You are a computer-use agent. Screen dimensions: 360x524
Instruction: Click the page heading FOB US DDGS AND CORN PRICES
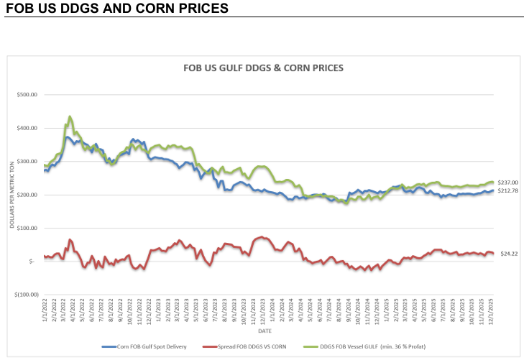click(x=117, y=9)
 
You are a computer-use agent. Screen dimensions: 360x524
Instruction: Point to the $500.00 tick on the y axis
click(x=27, y=95)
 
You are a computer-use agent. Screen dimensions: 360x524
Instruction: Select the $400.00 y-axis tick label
click(x=27, y=129)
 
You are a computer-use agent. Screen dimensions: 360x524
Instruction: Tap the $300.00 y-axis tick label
click(x=27, y=162)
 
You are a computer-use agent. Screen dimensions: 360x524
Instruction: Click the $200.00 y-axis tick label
click(x=27, y=195)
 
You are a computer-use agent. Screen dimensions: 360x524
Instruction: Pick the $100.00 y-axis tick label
click(x=27, y=229)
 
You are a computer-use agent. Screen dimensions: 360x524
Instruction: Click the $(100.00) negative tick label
click(x=24, y=295)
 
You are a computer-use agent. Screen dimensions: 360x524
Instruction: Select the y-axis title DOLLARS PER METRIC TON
click(x=12, y=195)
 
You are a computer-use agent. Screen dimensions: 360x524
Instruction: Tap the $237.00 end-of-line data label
click(x=508, y=183)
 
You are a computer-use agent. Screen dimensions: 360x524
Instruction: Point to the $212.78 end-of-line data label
click(x=508, y=190)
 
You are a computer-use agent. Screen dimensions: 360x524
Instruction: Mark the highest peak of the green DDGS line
click(x=70, y=116)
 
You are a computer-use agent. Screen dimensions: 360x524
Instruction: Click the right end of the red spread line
click(x=493, y=253)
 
